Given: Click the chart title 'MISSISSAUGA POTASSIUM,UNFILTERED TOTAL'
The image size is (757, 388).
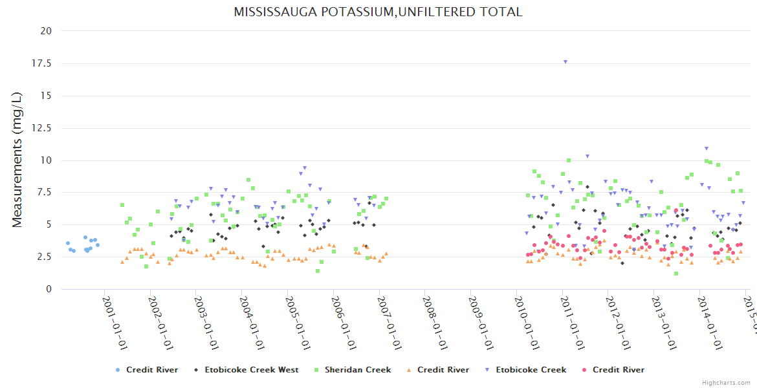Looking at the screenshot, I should (378, 12).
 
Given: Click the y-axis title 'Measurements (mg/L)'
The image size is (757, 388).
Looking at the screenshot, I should (17, 160).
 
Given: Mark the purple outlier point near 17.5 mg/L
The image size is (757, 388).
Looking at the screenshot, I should (565, 62).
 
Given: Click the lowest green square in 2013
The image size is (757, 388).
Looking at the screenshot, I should (676, 274).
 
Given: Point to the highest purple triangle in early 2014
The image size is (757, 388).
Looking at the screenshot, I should (707, 149).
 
